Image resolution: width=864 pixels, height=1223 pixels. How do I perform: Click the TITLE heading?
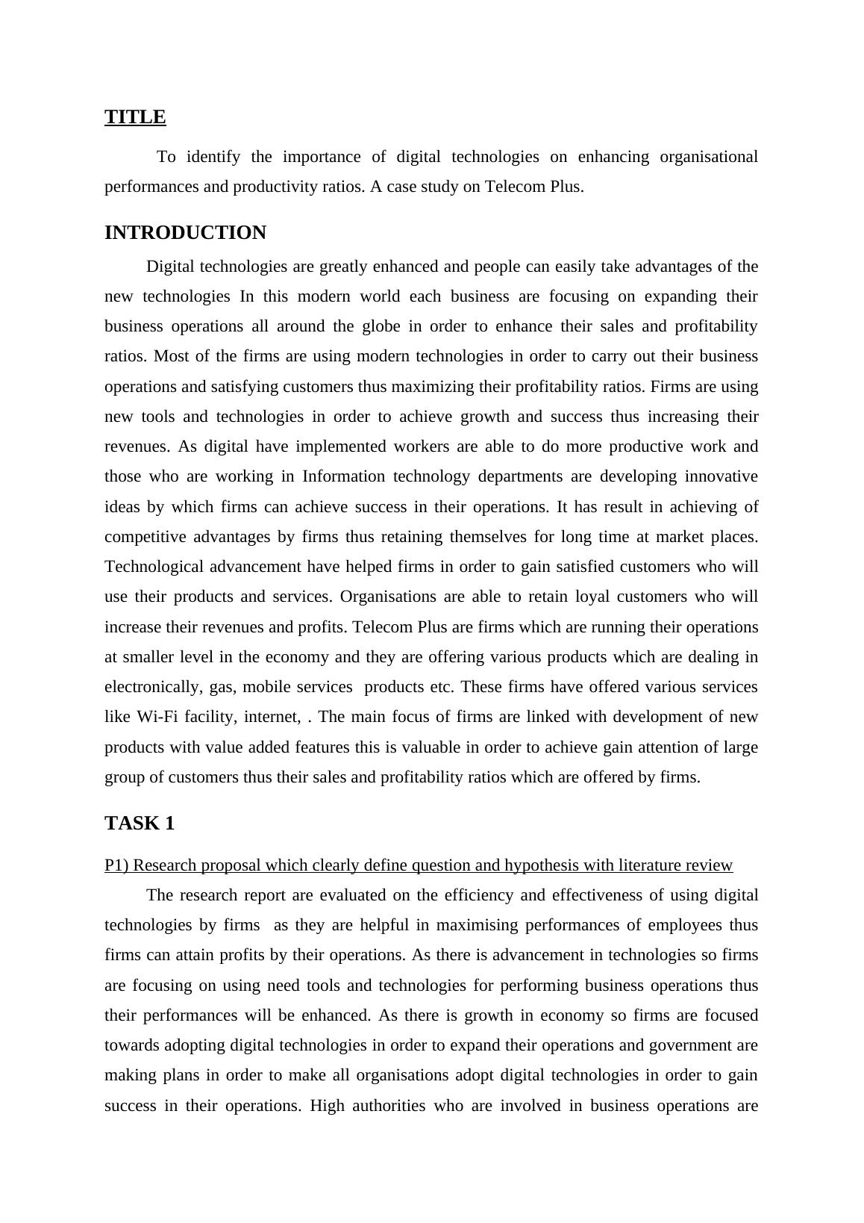tap(135, 117)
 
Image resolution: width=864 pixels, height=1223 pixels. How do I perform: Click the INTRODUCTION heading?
tap(185, 233)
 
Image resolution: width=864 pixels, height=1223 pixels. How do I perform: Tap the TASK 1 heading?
tap(140, 824)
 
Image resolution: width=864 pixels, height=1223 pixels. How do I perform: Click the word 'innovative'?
tap(721, 476)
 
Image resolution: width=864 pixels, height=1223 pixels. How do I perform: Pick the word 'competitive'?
tap(144, 537)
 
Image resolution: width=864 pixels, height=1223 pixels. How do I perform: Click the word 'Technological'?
tap(154, 567)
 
